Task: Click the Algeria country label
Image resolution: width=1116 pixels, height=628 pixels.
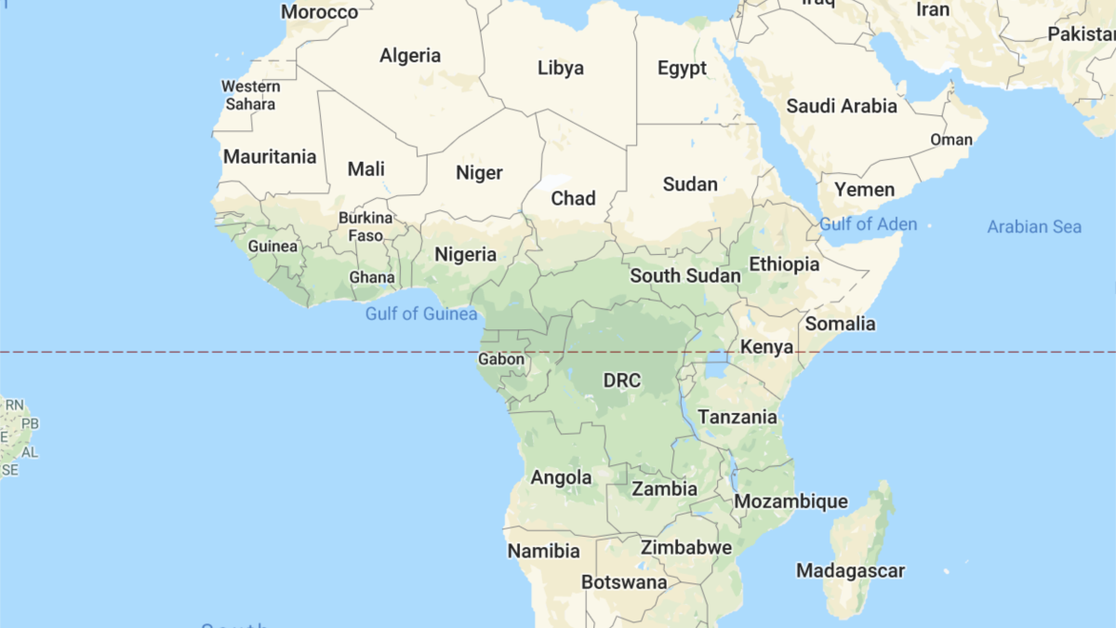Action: click(410, 56)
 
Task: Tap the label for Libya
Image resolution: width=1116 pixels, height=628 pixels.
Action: click(561, 68)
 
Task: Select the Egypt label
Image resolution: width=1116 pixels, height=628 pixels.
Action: click(682, 68)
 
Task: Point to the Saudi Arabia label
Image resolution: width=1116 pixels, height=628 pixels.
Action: click(842, 106)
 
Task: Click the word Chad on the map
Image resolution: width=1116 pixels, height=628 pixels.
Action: click(573, 198)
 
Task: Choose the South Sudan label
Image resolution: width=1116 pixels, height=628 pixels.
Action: click(685, 275)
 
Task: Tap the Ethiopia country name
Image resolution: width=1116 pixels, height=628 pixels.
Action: click(784, 264)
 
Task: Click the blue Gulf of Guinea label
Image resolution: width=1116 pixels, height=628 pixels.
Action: click(421, 314)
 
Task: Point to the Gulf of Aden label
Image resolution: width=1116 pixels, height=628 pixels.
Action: click(868, 224)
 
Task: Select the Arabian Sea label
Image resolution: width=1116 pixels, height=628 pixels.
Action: click(1034, 227)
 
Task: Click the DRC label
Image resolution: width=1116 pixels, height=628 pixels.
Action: click(622, 381)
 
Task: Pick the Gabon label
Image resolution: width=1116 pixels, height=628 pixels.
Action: click(501, 359)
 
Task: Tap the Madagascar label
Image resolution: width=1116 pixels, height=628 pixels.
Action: click(850, 570)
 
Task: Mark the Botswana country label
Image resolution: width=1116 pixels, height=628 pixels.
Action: click(624, 582)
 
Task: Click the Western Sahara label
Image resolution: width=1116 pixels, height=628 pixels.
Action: click(250, 95)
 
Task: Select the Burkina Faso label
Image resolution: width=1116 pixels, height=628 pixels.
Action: click(365, 226)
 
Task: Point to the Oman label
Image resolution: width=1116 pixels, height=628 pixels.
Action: click(951, 140)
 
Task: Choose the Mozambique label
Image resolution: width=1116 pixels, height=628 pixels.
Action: click(790, 502)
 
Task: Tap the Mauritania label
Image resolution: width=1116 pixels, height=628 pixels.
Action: click(270, 156)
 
